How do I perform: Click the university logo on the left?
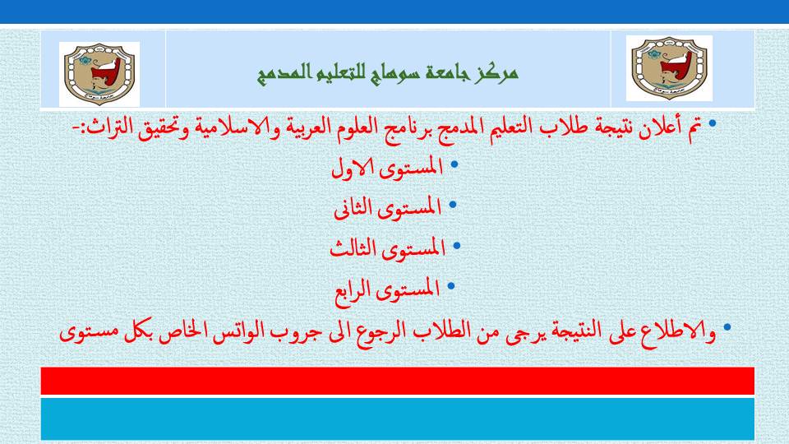99,74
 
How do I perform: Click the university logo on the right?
669,68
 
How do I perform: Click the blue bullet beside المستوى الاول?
454,164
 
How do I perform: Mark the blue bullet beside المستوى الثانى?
452,205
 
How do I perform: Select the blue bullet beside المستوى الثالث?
457,246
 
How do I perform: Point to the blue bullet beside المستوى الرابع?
451,286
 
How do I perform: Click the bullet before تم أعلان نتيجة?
712,123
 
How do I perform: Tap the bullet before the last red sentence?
727,327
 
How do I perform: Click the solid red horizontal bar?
398,381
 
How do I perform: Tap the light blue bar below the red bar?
398,419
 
